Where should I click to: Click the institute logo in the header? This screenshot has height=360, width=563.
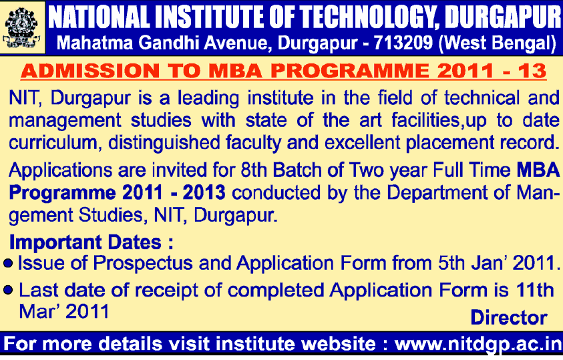[x=22, y=28]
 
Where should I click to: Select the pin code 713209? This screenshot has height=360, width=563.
[x=403, y=43]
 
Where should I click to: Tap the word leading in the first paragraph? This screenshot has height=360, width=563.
[x=208, y=99]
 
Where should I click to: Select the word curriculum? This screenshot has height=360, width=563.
[x=53, y=143]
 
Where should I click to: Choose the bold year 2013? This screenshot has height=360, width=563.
[x=204, y=193]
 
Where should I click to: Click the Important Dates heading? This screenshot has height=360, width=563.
[x=91, y=242]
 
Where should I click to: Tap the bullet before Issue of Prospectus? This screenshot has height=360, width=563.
[x=8, y=264]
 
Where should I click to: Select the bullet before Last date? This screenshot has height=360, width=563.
[x=8, y=290]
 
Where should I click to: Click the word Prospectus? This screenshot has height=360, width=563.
[x=143, y=263]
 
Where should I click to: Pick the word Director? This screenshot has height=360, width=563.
[x=509, y=318]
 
